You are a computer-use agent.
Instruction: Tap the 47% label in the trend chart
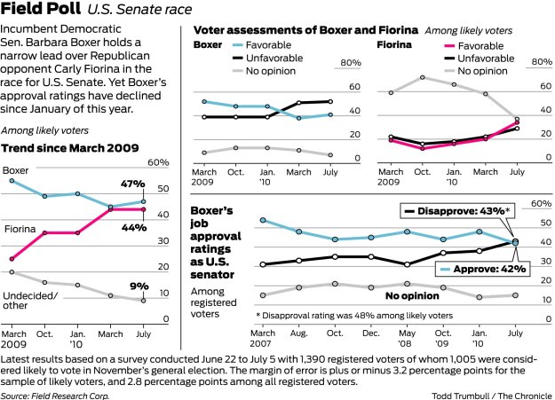(x=133, y=184)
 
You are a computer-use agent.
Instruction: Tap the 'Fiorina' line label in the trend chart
(x=20, y=228)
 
